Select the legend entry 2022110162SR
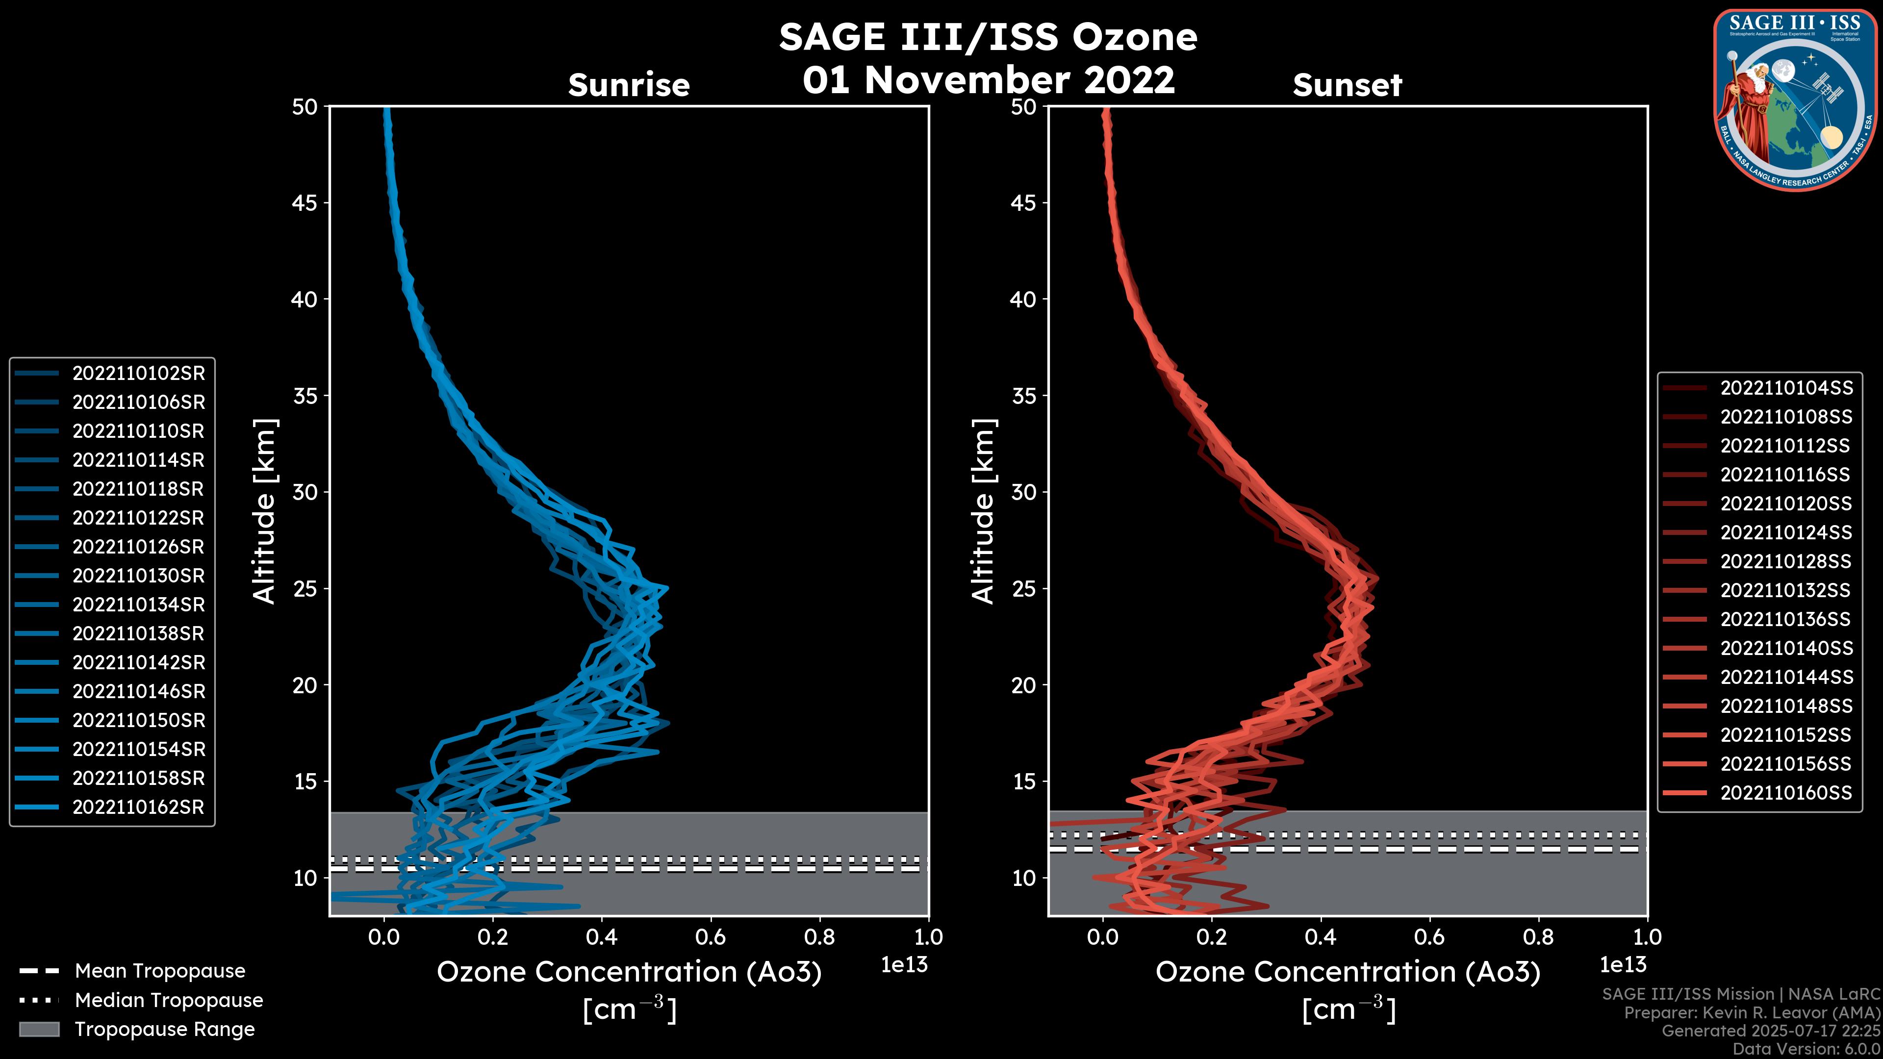click(138, 807)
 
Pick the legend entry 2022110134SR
click(138, 605)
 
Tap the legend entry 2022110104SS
click(1786, 388)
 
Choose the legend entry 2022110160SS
click(1786, 793)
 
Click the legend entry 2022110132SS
click(1786, 590)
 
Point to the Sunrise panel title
click(629, 85)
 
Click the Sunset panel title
click(1347, 85)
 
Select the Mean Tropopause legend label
click(160, 971)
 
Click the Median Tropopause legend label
click(169, 1001)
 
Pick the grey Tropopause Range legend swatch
click(39, 1030)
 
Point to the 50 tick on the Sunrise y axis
click(305, 107)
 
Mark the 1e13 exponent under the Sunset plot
click(1623, 965)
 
